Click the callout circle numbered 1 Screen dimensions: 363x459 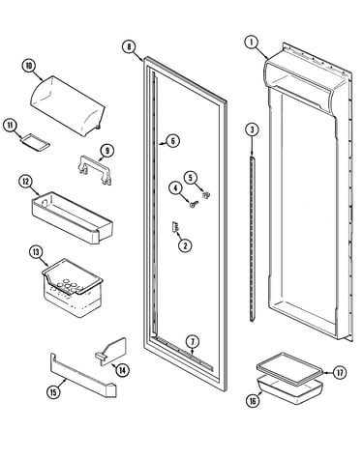click(x=252, y=43)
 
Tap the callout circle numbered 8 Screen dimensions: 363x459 click(x=129, y=47)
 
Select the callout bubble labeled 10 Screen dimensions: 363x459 click(x=29, y=66)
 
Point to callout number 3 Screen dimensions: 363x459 click(x=252, y=129)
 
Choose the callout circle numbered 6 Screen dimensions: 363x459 click(x=173, y=141)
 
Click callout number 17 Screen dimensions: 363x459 click(x=340, y=373)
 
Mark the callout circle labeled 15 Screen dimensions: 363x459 click(x=53, y=391)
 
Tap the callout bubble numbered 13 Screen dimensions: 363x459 click(x=36, y=252)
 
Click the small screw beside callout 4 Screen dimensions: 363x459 click(x=194, y=204)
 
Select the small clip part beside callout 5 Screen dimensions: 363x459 click(x=206, y=195)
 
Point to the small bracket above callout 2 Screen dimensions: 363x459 click(x=175, y=227)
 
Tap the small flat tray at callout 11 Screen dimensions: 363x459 click(x=36, y=142)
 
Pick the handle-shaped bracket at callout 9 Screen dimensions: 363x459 click(x=95, y=170)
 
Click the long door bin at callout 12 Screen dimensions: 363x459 click(x=72, y=217)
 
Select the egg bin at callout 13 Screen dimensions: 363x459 click(x=73, y=288)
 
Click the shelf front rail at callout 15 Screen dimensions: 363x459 click(x=83, y=375)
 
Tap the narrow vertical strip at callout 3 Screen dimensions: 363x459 click(x=252, y=239)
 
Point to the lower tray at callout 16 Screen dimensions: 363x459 click(x=289, y=390)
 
